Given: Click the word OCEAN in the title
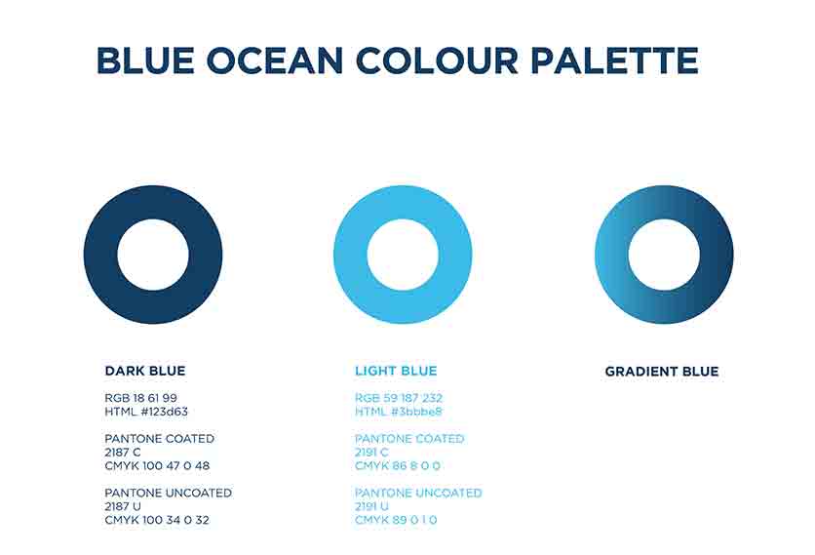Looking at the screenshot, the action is (x=275, y=60).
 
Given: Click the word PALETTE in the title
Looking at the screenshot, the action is (x=614, y=60).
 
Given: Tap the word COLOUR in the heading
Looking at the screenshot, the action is (x=437, y=60).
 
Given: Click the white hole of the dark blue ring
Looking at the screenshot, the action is (x=153, y=255).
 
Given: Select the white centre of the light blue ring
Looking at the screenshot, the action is (x=403, y=255).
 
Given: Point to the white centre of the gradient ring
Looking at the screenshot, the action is (x=664, y=255).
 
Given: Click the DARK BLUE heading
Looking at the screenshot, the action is (x=145, y=371).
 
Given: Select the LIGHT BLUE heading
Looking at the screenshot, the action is (x=396, y=371).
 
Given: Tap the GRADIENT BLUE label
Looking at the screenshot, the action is (x=662, y=372).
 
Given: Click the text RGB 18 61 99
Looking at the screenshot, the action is (x=140, y=398).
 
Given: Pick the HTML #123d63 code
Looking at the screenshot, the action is (x=146, y=412).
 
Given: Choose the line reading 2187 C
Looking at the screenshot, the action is (x=123, y=453).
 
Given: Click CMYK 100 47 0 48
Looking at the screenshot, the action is (x=157, y=466).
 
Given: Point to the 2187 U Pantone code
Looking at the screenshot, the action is (x=123, y=506).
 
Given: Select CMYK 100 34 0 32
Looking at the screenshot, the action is (x=157, y=520).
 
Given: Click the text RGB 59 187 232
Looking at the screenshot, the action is (x=399, y=398).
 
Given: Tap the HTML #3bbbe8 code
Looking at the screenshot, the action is (x=399, y=412).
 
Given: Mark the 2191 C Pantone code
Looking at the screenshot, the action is (x=371, y=453).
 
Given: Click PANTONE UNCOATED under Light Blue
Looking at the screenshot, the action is (x=418, y=494).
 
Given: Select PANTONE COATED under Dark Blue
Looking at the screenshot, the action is (x=160, y=439).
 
